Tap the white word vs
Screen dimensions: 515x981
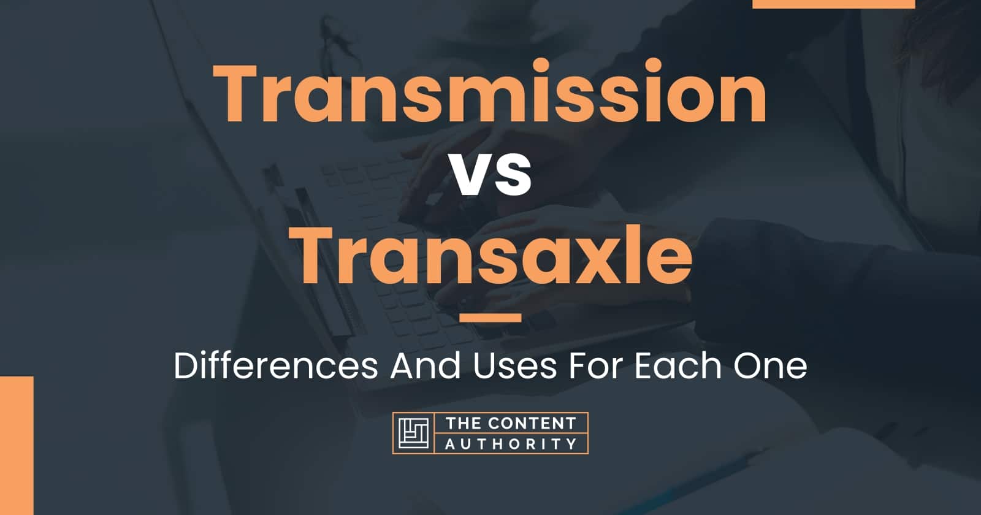[490, 177]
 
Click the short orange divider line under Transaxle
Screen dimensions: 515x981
[490, 318]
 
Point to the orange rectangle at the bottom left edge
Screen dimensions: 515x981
[17, 445]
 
